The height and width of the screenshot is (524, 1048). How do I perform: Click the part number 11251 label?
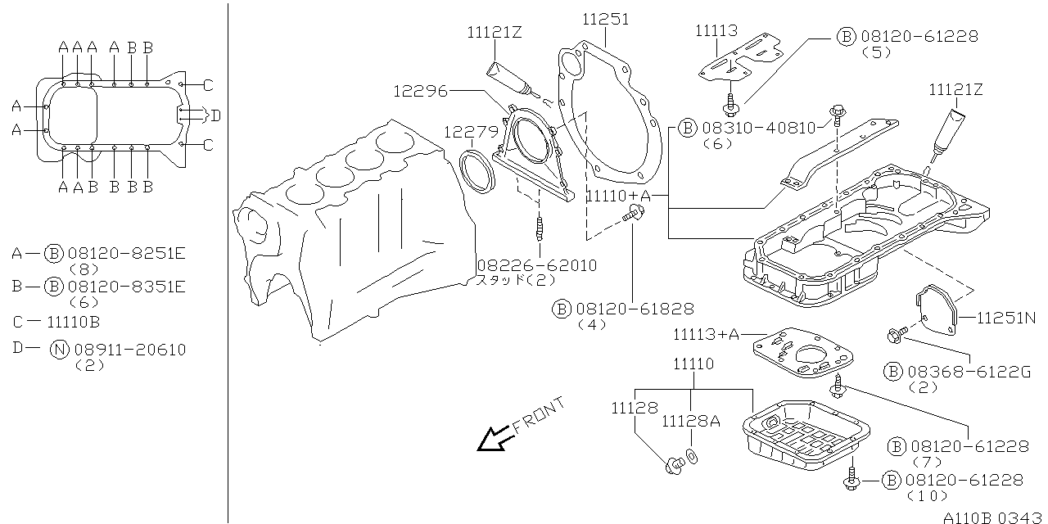click(606, 19)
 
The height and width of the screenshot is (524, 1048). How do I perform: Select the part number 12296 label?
click(420, 91)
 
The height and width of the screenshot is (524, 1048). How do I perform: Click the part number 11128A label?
click(691, 422)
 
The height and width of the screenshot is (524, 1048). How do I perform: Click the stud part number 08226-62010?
click(536, 266)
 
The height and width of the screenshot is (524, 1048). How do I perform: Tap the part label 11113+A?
click(706, 334)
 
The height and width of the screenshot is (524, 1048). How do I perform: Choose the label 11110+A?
click(619, 196)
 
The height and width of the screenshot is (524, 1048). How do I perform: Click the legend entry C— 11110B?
click(56, 322)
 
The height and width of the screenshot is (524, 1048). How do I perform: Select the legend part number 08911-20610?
click(129, 350)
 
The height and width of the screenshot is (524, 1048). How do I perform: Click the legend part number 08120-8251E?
click(129, 254)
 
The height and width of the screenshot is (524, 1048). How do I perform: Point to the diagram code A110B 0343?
click(994, 517)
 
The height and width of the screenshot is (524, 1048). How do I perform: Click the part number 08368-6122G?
click(969, 372)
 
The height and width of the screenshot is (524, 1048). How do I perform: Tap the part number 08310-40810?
click(759, 128)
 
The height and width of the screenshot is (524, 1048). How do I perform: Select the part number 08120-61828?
click(635, 309)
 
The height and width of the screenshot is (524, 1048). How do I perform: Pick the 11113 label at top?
click(717, 31)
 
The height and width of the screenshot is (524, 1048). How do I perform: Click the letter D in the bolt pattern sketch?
click(215, 115)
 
